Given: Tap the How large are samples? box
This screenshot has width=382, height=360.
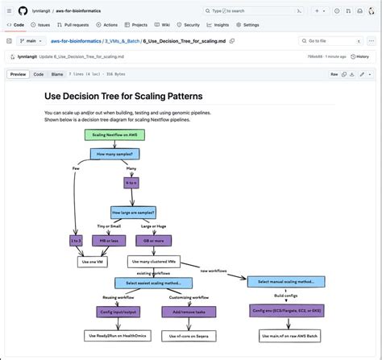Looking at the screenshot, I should tap(133, 212).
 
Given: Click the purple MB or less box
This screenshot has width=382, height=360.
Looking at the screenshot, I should tap(109, 240).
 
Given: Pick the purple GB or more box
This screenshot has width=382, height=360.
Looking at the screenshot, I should tap(152, 240).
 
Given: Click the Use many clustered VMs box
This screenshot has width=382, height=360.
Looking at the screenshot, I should tap(154, 262).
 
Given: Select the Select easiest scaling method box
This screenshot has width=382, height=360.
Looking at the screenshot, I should tap(153, 283).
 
